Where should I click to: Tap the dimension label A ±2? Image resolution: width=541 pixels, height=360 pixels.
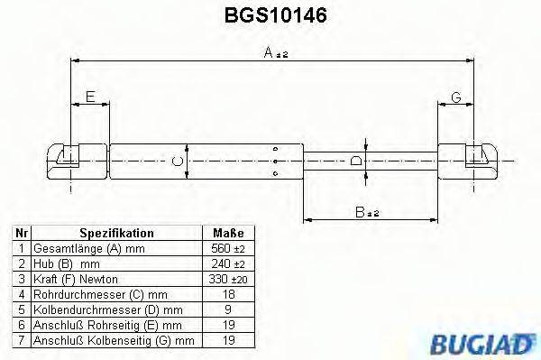274,54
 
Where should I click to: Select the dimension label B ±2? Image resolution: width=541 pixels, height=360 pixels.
365,212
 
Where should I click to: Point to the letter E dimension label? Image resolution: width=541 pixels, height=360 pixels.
88,97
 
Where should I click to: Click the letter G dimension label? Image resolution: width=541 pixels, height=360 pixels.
456,97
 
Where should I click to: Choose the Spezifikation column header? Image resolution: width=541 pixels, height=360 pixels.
116,232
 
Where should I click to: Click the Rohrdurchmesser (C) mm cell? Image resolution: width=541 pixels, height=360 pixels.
99,294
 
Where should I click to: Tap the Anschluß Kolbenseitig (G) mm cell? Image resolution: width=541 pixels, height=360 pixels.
113,341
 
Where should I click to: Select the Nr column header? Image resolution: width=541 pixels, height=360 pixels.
21,232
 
